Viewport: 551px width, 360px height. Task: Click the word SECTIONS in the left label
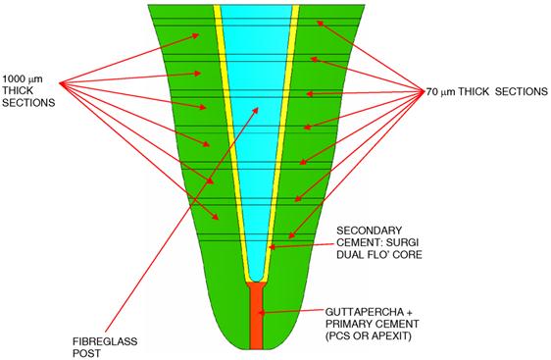27,102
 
